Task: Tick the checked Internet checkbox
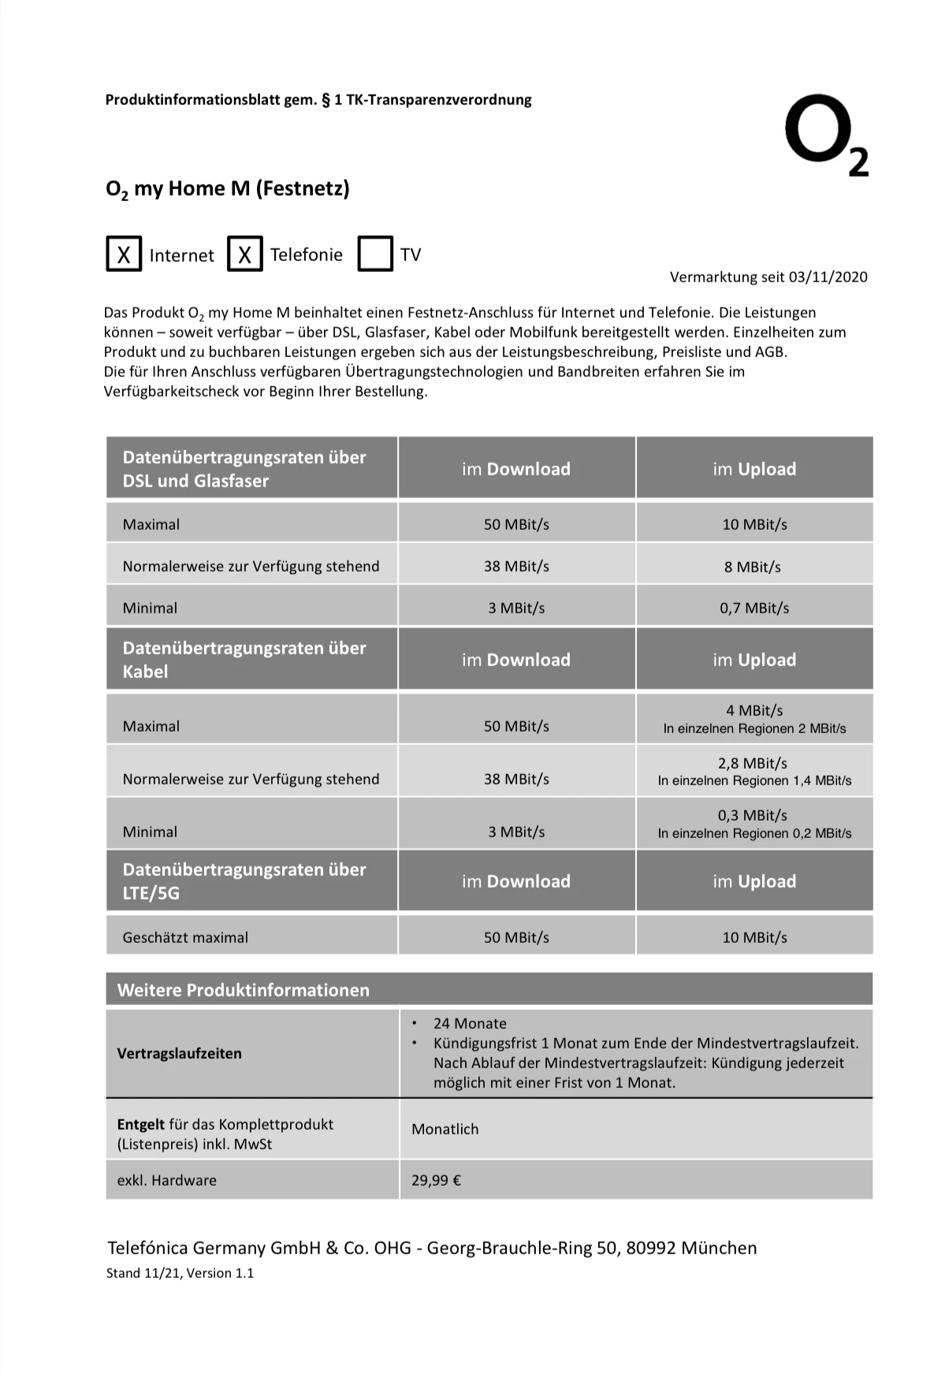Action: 124,254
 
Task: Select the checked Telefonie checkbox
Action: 245,254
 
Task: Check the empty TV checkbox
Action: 375,254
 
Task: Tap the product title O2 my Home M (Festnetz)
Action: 227,189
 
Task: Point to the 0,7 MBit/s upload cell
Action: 754,608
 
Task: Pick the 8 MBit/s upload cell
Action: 753,567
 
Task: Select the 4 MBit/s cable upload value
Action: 754,710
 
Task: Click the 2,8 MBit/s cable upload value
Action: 753,763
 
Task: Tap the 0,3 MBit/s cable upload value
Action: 753,815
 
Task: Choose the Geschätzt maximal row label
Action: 185,937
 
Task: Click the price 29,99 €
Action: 436,1180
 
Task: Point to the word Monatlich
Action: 445,1129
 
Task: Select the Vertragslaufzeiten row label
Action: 179,1053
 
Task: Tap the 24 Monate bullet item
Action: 470,1023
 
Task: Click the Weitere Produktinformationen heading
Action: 243,990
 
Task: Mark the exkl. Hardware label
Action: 166,1180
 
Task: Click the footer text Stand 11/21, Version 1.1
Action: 180,1273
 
